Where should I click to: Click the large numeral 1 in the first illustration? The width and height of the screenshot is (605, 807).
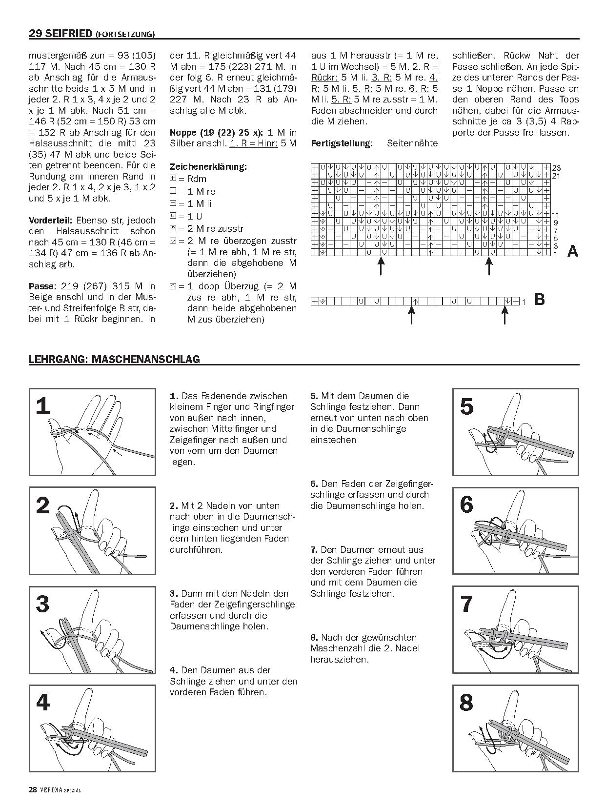43,406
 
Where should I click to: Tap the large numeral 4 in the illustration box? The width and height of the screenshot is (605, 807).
43,703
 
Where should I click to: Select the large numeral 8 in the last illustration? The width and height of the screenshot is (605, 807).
466,703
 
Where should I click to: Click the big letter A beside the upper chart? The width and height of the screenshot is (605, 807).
573,252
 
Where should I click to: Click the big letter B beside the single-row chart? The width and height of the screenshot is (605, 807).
540,299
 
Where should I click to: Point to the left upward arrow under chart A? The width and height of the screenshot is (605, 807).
382,266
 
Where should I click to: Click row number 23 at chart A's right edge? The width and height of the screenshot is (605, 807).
556,168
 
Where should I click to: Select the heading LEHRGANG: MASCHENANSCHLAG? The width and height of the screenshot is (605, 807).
114,360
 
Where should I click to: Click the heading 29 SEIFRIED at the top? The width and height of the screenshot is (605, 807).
61,34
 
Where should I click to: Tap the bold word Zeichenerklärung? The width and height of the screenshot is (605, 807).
208,166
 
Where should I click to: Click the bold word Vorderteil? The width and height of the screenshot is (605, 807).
50,220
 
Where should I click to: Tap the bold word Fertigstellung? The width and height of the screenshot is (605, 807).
342,143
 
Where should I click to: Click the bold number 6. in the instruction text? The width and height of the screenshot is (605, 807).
314,484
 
